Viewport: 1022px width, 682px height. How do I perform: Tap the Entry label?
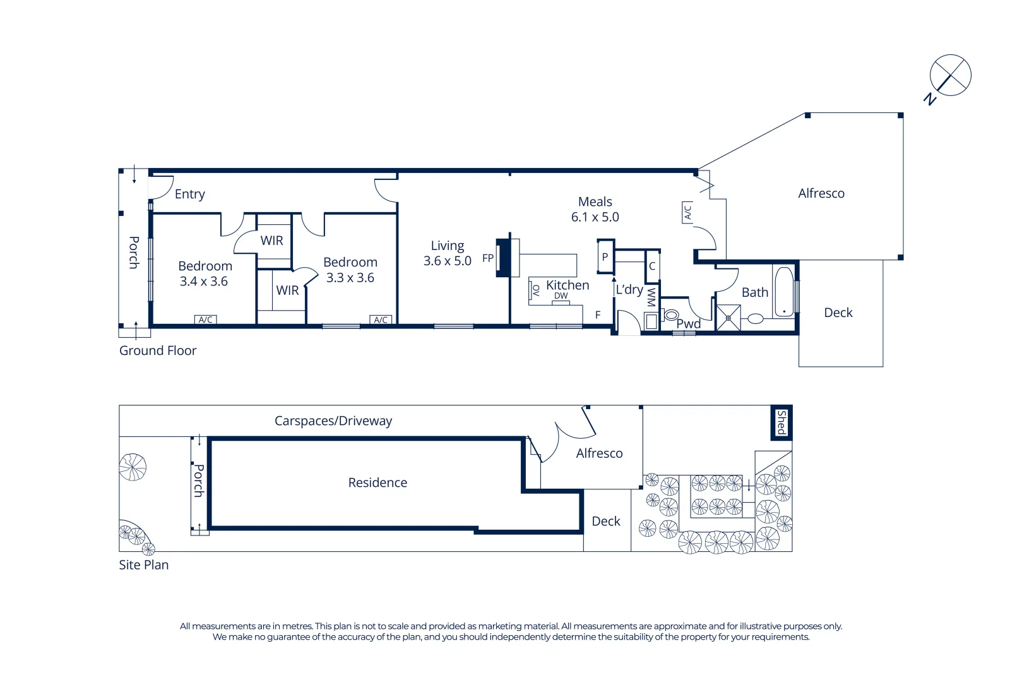click(189, 194)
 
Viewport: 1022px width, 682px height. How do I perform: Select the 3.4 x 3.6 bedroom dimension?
click(203, 282)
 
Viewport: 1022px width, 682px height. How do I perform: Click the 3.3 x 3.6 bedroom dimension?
click(350, 278)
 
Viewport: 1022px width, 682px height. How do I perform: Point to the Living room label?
click(447, 246)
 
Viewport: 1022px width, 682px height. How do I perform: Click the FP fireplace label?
click(487, 258)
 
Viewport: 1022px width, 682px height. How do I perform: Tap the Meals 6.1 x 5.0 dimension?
click(595, 217)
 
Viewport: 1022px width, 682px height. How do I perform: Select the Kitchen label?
click(567, 285)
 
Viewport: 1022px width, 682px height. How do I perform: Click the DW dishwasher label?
click(561, 296)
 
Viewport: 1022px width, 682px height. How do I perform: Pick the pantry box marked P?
click(605, 257)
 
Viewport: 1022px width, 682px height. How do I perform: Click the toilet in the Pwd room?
click(670, 314)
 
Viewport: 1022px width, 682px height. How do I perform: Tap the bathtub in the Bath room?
click(783, 292)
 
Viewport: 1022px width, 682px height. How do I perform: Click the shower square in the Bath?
click(728, 318)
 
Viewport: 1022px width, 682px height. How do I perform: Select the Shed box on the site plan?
click(781, 422)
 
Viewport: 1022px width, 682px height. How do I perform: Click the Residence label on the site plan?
click(377, 483)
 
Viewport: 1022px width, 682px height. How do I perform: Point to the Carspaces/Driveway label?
click(333, 421)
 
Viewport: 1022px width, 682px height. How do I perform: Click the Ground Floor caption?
click(158, 351)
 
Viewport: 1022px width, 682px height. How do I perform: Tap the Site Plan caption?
click(143, 565)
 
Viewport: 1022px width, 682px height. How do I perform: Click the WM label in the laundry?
click(651, 297)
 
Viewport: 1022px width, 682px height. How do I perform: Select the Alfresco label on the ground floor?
click(821, 194)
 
